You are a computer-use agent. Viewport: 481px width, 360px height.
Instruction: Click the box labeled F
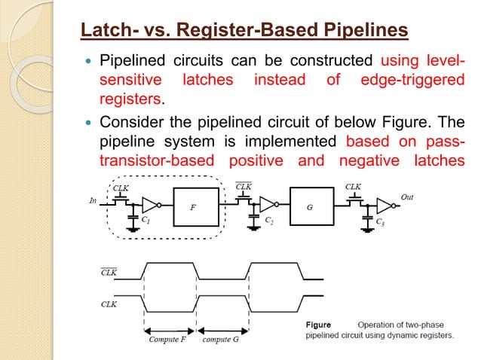pyautogui.click(x=196, y=206)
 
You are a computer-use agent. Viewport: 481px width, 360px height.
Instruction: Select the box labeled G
pyautogui.click(x=311, y=206)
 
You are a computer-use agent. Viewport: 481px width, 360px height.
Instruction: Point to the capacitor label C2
pyautogui.click(x=269, y=220)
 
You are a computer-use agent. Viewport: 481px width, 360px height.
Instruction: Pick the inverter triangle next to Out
pyautogui.click(x=384, y=205)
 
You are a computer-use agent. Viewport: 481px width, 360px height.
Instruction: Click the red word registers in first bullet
pyautogui.click(x=127, y=99)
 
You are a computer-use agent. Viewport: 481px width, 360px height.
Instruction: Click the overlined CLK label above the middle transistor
pyautogui.click(x=244, y=185)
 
